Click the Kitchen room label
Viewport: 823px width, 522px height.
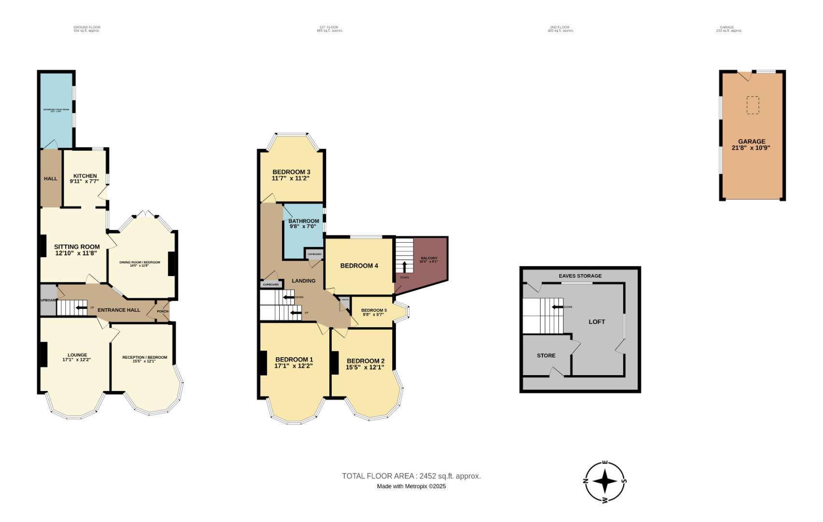tap(85, 176)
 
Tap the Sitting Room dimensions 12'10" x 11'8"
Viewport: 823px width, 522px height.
tap(76, 253)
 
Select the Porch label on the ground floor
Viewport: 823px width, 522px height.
tap(163, 311)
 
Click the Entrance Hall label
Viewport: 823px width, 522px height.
tap(119, 310)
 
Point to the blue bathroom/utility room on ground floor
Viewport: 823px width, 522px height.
tap(57, 110)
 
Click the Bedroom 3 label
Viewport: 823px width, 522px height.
tap(291, 172)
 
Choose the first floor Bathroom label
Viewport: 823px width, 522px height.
tap(304, 221)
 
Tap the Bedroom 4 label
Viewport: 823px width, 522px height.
tap(359, 266)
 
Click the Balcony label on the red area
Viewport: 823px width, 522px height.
tap(429, 259)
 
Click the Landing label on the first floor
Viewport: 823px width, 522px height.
tap(304, 281)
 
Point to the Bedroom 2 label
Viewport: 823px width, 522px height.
tap(366, 361)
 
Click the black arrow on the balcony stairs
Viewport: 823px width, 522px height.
tap(404, 267)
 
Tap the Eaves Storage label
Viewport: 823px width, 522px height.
tap(580, 276)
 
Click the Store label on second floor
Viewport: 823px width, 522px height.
tap(546, 356)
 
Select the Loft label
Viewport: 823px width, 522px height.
tap(596, 322)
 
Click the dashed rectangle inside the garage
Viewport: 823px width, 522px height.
tap(752, 105)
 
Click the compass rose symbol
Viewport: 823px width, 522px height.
tap(605, 482)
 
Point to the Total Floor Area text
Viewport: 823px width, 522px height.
tap(411, 476)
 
